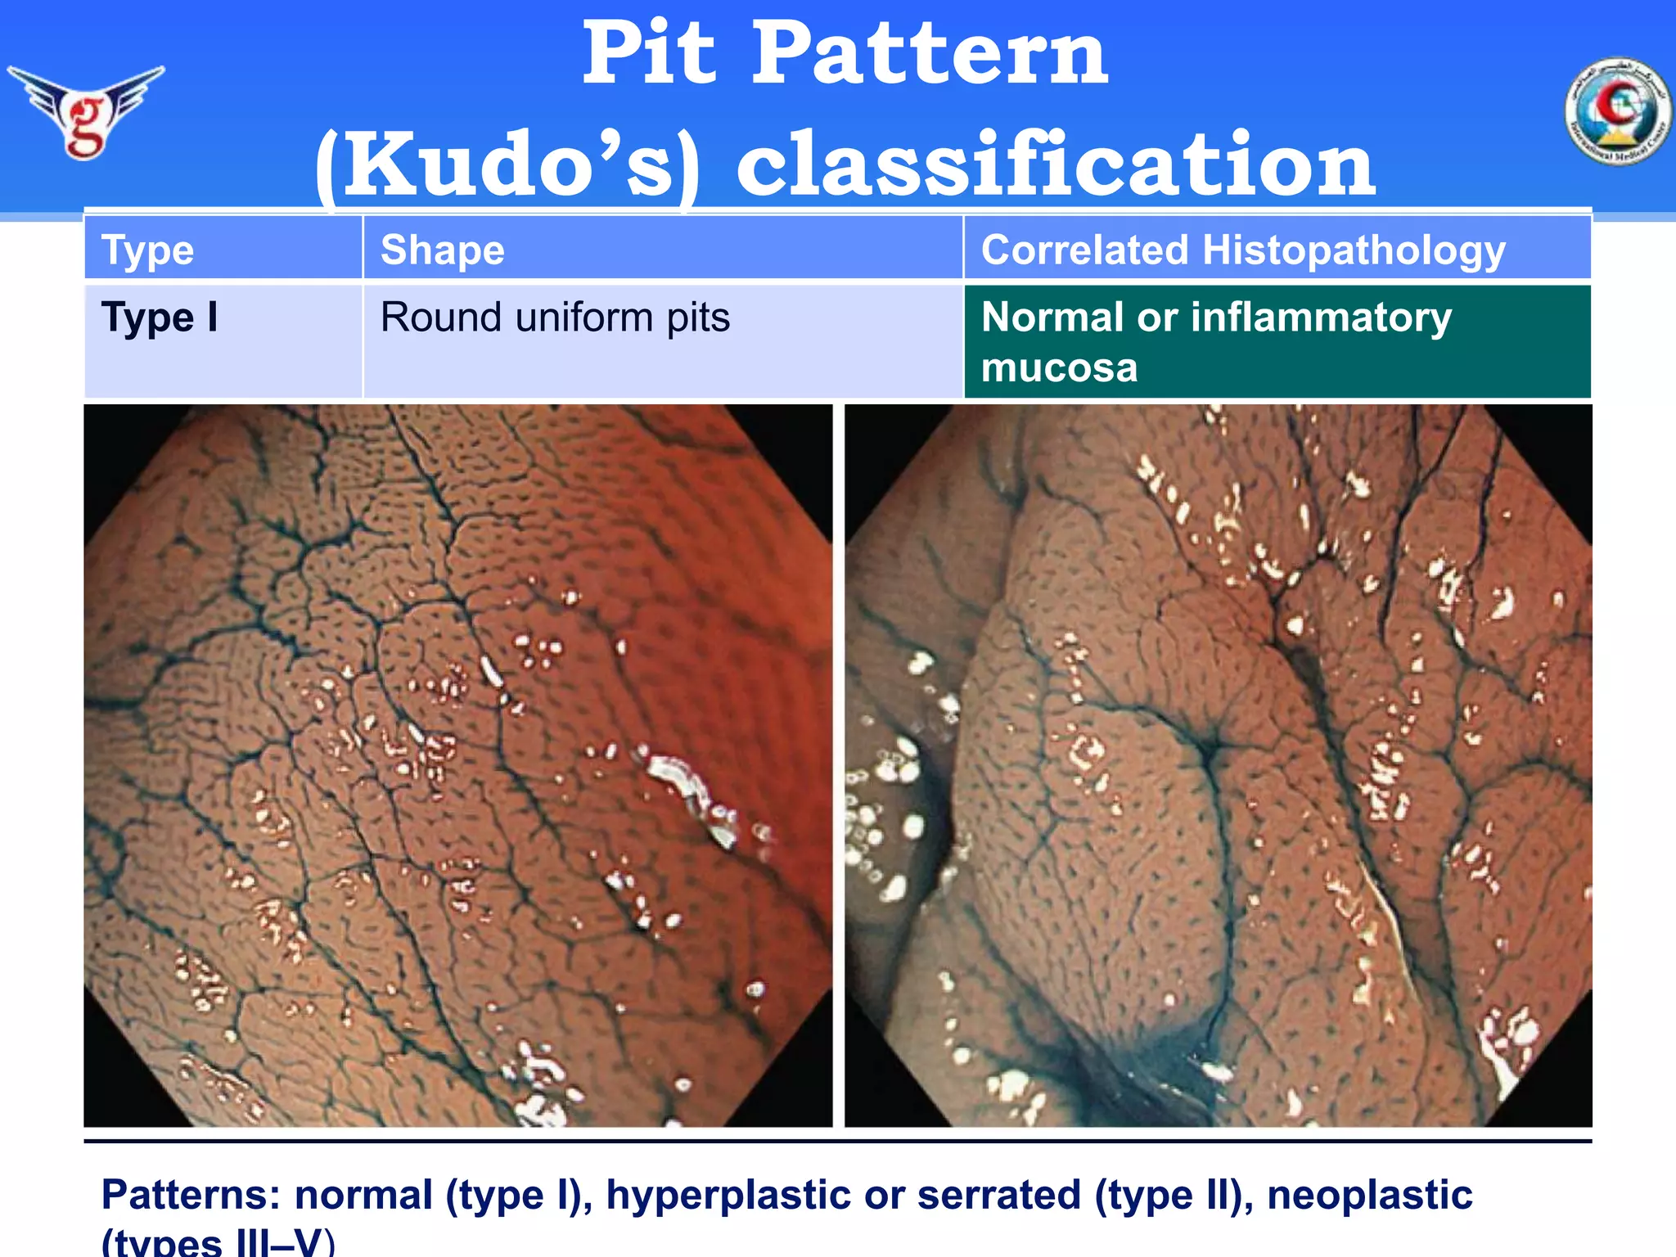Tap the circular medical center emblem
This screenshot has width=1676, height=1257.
(1618, 111)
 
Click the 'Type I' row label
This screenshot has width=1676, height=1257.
(160, 318)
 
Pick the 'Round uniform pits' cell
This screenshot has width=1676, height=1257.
(555, 318)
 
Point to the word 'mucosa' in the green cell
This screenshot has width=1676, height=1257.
(1059, 367)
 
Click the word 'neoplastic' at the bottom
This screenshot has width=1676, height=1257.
(1369, 1195)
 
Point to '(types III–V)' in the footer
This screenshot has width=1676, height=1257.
(218, 1243)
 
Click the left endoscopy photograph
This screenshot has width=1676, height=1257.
(458, 766)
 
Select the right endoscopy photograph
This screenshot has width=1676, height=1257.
(1218, 766)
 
